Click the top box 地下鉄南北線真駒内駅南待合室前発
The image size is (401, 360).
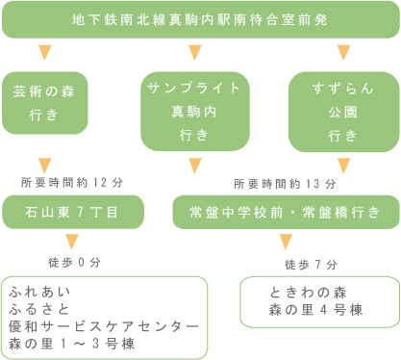pos(200,19)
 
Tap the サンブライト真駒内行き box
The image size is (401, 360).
pos(195,111)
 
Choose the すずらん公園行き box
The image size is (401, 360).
pos(343,112)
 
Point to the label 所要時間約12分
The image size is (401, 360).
pos(72,182)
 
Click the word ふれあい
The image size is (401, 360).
pos(36,290)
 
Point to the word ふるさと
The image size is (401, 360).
pos(36,308)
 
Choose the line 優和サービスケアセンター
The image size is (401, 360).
pos(103,326)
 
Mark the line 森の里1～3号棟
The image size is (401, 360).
pos(73,345)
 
